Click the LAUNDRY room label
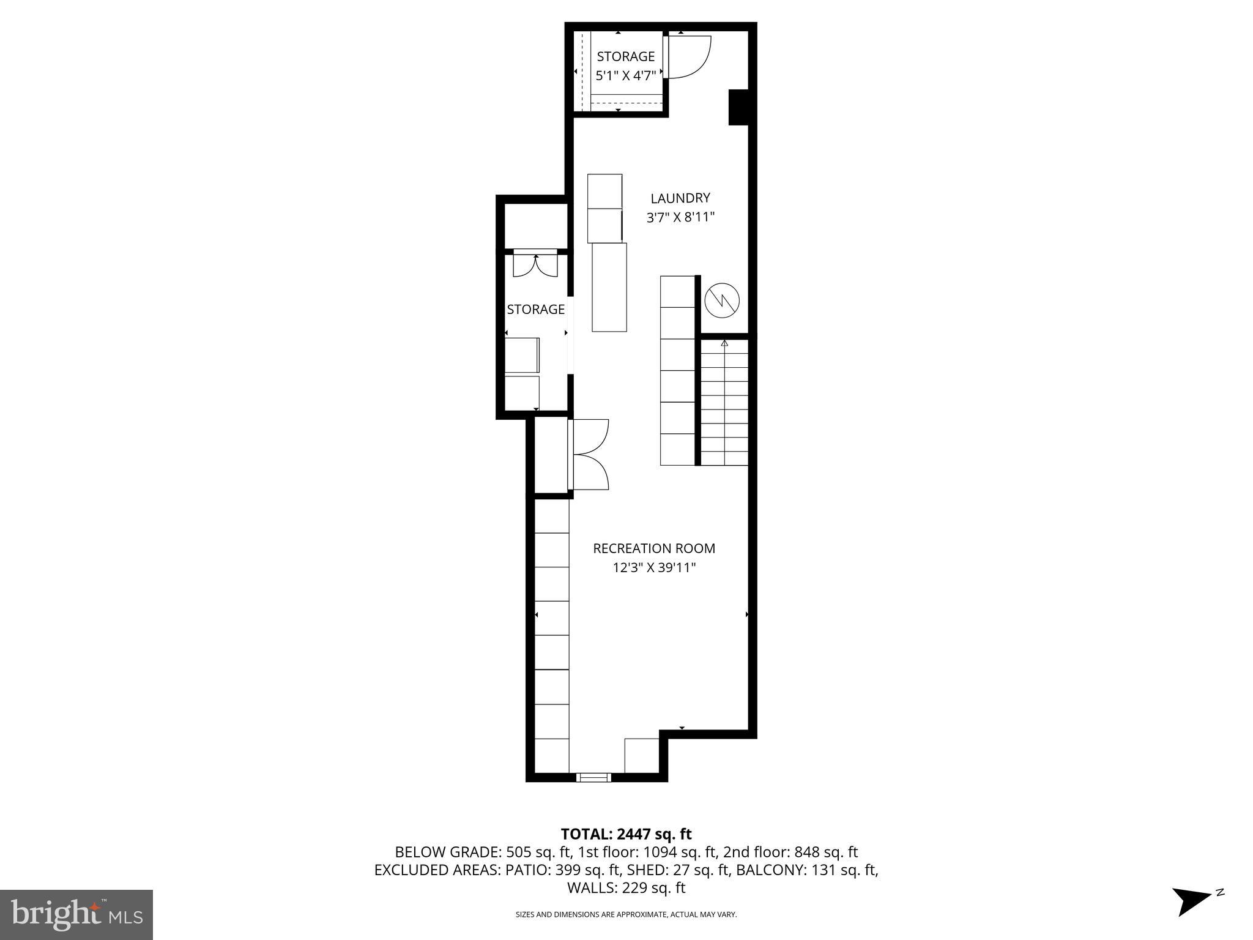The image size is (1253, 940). pos(680,198)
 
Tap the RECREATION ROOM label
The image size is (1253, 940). pos(653,548)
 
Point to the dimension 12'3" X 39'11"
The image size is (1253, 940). pos(654,568)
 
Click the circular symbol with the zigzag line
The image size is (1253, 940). pos(722,300)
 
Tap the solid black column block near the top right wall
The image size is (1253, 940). pos(738,107)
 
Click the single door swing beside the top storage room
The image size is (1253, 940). pos(688,57)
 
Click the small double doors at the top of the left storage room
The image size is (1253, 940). pos(535,264)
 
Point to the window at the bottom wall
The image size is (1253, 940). pos(593,778)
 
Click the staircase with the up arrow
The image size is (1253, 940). pos(724,401)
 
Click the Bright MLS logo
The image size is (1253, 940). pos(76,914)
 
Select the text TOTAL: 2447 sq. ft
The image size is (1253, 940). pos(626,834)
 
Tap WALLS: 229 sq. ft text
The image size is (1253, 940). pos(626,887)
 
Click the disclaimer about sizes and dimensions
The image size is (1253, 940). pos(626,914)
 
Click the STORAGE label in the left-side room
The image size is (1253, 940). pos(535,310)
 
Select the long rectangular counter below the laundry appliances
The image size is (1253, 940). pos(609,287)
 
